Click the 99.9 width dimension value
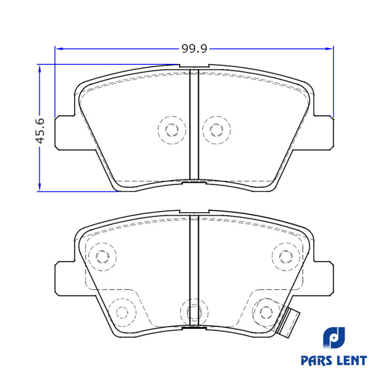pyautogui.click(x=194, y=49)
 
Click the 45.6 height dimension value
pyautogui.click(x=40, y=131)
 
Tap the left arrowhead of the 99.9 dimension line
pyautogui.click(x=59, y=49)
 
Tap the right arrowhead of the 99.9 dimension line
pyautogui.click(x=329, y=49)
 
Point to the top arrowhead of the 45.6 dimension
pyautogui.click(x=39, y=68)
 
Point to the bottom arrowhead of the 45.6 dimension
pyautogui.click(x=39, y=187)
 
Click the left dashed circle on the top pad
pyautogui.click(x=172, y=130)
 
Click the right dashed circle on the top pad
pyautogui.click(x=217, y=130)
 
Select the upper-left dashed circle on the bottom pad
pyautogui.click(x=102, y=257)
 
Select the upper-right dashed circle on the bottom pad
pyautogui.click(x=286, y=257)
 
